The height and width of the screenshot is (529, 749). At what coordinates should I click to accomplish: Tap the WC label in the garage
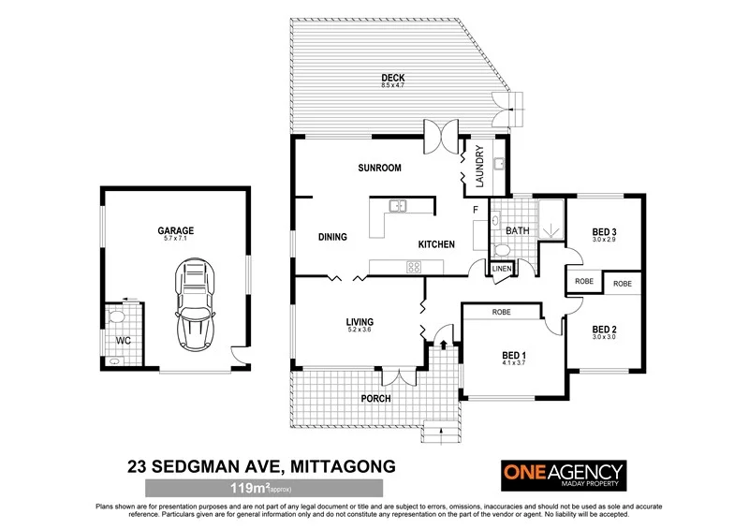click(x=122, y=340)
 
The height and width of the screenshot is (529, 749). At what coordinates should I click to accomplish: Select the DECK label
click(x=391, y=78)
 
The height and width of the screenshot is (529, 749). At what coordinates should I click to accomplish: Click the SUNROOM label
click(x=379, y=169)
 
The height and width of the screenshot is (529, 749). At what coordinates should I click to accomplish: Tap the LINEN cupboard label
click(x=503, y=270)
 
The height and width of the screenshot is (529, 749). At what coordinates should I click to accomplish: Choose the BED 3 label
click(x=604, y=232)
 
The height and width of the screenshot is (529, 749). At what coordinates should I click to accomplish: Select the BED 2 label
click(x=604, y=330)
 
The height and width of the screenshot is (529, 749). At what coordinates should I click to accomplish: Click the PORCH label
click(x=377, y=398)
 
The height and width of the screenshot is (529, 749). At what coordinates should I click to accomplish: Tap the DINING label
click(x=332, y=237)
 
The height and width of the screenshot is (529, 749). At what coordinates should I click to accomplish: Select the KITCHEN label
click(x=436, y=244)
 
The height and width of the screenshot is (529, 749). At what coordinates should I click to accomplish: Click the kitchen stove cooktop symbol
click(x=413, y=267)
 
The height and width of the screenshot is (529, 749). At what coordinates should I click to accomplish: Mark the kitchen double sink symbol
click(x=398, y=205)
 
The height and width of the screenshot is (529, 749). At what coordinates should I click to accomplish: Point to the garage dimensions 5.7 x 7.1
click(x=175, y=238)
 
